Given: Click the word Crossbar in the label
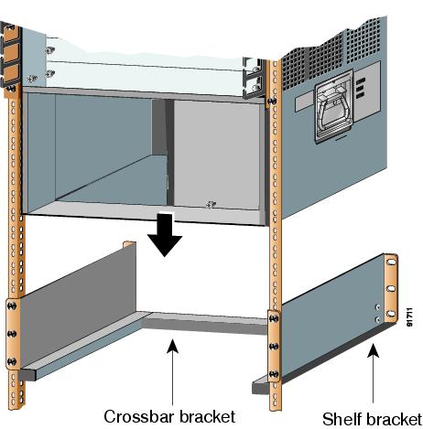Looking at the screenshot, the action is (140, 416).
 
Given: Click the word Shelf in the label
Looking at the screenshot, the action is (342, 419).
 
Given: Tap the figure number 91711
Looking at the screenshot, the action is (410, 317).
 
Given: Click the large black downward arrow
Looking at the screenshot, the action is (165, 235).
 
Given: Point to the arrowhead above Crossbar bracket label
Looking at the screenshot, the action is (173, 347).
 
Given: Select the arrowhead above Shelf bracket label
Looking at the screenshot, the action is (374, 350).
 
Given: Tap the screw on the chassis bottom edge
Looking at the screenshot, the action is (211, 204).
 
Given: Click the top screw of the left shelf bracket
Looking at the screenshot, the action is (12, 306).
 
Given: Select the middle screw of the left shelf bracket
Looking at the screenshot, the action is (12, 334).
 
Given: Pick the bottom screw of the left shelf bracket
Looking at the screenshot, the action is (12, 361).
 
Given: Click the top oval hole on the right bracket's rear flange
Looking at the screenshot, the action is (391, 263).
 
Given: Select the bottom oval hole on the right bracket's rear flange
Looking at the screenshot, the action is (391, 314).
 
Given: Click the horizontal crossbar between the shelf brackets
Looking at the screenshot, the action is (205, 323).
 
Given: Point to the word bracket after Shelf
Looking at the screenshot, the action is (394, 419).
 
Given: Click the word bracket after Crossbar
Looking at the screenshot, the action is (208, 416).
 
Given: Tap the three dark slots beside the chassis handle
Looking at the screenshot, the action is (361, 89).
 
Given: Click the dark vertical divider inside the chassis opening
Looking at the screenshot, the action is (169, 153).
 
